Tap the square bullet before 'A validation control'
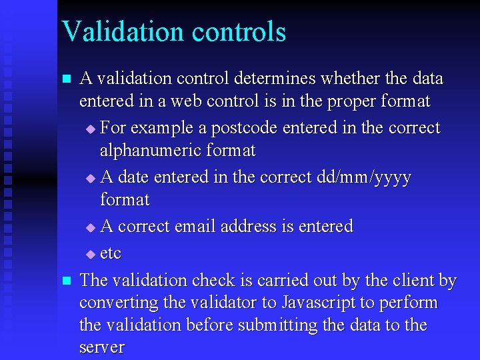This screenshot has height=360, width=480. pyautogui.click(x=65, y=79)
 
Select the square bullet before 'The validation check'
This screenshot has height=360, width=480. pyautogui.click(x=65, y=281)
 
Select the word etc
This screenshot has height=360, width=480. pyautogui.click(x=111, y=254)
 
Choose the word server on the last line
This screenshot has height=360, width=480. pyautogui.click(x=102, y=347)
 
